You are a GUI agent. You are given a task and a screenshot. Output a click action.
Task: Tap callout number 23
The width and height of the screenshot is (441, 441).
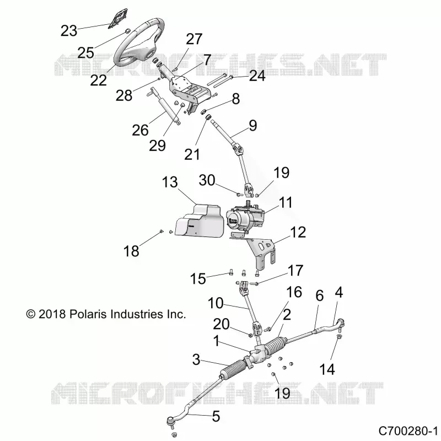69,31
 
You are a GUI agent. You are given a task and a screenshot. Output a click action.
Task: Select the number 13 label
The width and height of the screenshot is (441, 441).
170,182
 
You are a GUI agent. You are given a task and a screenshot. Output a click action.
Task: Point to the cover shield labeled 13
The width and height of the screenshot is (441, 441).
197,222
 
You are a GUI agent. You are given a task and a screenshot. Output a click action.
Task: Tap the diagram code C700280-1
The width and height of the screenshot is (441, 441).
408,431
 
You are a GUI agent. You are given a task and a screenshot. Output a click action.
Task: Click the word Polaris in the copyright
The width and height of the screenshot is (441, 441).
88,314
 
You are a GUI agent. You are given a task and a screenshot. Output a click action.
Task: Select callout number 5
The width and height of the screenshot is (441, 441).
216,417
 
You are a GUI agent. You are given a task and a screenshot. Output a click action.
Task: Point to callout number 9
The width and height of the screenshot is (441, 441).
253,126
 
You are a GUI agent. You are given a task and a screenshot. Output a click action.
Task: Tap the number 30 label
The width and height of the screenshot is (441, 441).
207,180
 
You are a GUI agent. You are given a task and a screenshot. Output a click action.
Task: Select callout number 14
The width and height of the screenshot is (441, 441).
327,369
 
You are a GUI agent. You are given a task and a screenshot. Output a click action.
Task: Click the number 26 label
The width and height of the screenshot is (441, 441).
140,130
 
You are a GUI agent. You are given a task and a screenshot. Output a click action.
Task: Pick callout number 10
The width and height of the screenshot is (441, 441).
216,303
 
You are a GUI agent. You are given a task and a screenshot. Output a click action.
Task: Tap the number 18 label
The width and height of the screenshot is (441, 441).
131,251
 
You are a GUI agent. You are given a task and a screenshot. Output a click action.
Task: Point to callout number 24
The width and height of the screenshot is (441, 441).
257,76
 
